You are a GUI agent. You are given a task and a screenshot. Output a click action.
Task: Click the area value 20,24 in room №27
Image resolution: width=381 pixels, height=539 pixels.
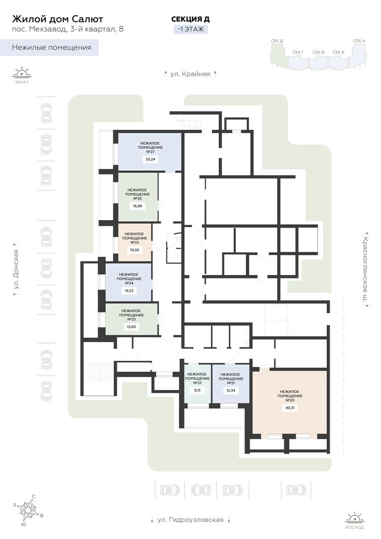click(x=151, y=159)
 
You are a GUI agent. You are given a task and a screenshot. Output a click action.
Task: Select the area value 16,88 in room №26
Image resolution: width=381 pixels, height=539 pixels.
click(x=137, y=206)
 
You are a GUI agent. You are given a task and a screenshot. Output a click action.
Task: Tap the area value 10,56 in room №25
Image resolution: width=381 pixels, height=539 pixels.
click(x=135, y=250)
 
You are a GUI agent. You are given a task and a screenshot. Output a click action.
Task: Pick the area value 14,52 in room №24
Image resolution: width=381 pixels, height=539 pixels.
click(x=129, y=290)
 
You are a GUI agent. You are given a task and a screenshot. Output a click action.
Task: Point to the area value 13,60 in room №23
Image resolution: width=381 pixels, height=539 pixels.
click(x=131, y=326)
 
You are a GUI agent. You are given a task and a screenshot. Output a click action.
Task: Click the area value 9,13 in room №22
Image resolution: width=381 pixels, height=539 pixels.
click(x=197, y=390)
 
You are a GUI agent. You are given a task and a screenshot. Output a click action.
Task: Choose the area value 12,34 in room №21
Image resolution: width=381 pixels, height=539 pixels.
click(x=230, y=390)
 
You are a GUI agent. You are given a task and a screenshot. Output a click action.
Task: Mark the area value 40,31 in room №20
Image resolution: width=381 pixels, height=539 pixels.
click(x=290, y=408)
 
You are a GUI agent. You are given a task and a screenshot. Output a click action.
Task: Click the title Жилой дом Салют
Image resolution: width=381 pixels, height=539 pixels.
click(x=57, y=19)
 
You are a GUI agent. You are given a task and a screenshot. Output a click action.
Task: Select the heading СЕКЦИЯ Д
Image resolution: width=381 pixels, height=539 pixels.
click(x=190, y=19)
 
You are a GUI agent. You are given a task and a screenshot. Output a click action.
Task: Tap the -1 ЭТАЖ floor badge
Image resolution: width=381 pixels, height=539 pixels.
click(x=191, y=29)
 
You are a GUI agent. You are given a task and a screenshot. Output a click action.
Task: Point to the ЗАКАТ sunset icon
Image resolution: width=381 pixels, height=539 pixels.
click(x=22, y=74)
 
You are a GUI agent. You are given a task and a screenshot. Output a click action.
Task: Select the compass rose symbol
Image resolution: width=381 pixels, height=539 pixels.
click(x=28, y=511)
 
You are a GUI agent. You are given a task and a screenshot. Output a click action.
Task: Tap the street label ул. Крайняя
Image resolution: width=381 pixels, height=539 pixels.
click(x=190, y=74)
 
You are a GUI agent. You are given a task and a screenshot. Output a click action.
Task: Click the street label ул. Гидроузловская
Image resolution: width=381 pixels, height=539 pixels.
click(x=190, y=520)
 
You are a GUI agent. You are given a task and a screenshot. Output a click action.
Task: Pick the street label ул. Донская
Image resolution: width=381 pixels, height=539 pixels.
click(x=15, y=269)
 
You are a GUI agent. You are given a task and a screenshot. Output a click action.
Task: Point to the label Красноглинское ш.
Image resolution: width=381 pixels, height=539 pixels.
click(x=366, y=269)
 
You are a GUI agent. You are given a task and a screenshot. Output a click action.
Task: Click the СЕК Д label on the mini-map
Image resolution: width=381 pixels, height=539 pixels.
click(x=277, y=41)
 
